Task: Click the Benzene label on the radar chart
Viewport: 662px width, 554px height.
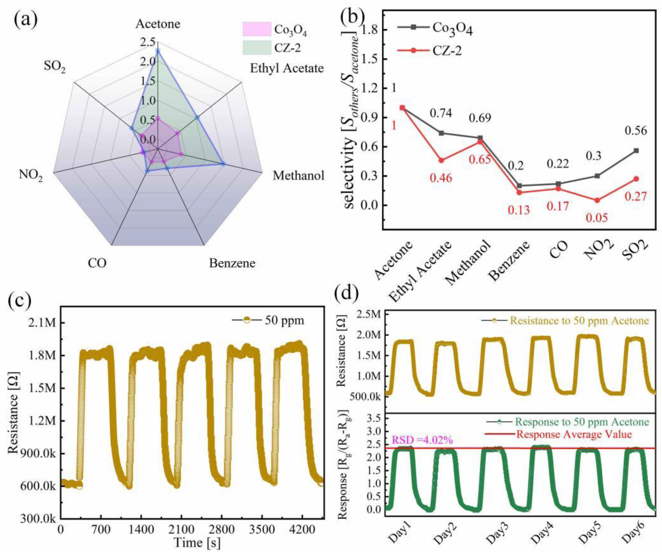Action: pos(232,263)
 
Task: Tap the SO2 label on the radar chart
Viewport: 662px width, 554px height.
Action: pos(55,67)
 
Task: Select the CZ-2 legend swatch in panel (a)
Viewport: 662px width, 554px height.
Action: pos(257,48)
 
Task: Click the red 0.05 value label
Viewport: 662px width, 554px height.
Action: pos(597,218)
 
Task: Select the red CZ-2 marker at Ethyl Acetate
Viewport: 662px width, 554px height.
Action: pos(441,160)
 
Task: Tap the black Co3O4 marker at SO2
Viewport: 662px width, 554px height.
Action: pos(636,151)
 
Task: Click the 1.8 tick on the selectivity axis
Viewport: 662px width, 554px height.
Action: pos(370,30)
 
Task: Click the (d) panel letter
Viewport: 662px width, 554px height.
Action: pos(347,293)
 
